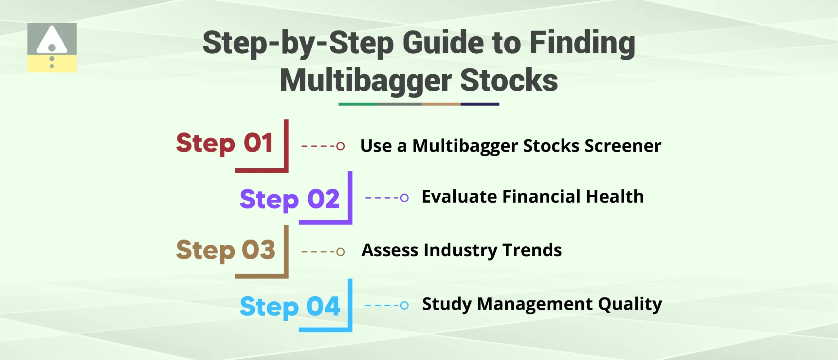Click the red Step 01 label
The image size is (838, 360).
tap(225, 143)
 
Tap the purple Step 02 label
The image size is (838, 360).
tap(290, 199)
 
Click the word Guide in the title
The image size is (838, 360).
tap(443, 43)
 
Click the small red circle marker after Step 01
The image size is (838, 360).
tap(340, 146)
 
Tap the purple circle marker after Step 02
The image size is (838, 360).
tap(404, 198)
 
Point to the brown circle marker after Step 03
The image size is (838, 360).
tap(340, 252)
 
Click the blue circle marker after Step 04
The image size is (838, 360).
tap(404, 305)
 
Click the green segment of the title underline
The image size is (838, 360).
tap(357, 104)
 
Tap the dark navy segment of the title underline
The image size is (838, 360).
tap(480, 104)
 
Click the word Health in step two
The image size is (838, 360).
tap(614, 197)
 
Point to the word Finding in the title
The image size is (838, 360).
tap(582, 43)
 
